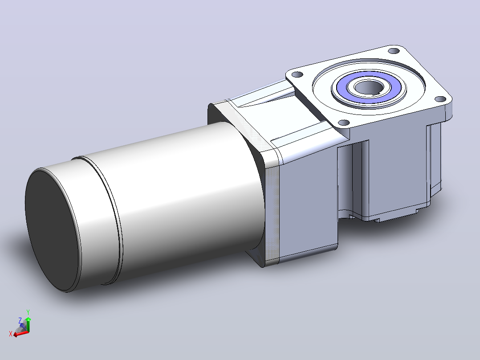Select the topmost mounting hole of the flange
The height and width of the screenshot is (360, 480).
point(394,50)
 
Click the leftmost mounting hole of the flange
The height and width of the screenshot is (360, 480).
point(297,74)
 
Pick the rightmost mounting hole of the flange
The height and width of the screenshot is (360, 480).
point(440,99)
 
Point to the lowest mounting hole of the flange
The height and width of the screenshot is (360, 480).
point(344,123)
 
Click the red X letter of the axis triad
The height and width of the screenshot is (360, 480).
point(11,334)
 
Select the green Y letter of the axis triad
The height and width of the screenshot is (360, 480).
point(28,312)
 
